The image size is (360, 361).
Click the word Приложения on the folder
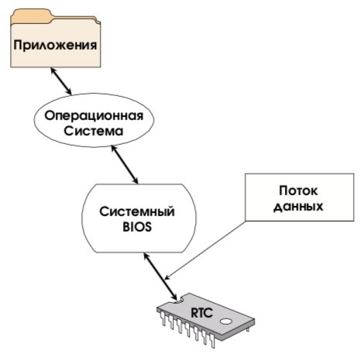(55, 46)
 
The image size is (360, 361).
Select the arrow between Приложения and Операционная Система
(61, 81)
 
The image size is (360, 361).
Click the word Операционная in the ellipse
(94, 115)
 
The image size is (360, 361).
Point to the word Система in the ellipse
(94, 131)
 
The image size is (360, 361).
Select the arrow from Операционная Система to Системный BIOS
(125, 164)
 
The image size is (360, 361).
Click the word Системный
(137, 211)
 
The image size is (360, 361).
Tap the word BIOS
(137, 227)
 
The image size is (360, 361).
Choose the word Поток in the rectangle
(298, 191)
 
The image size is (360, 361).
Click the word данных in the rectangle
(298, 207)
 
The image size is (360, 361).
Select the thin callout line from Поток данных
(205, 250)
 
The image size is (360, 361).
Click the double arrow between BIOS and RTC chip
(160, 277)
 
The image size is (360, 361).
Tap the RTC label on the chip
(201, 313)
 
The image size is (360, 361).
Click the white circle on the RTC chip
(226, 321)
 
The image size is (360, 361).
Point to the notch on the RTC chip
(178, 301)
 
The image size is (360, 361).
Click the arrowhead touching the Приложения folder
(53, 70)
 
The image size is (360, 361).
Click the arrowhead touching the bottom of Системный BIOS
(146, 256)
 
